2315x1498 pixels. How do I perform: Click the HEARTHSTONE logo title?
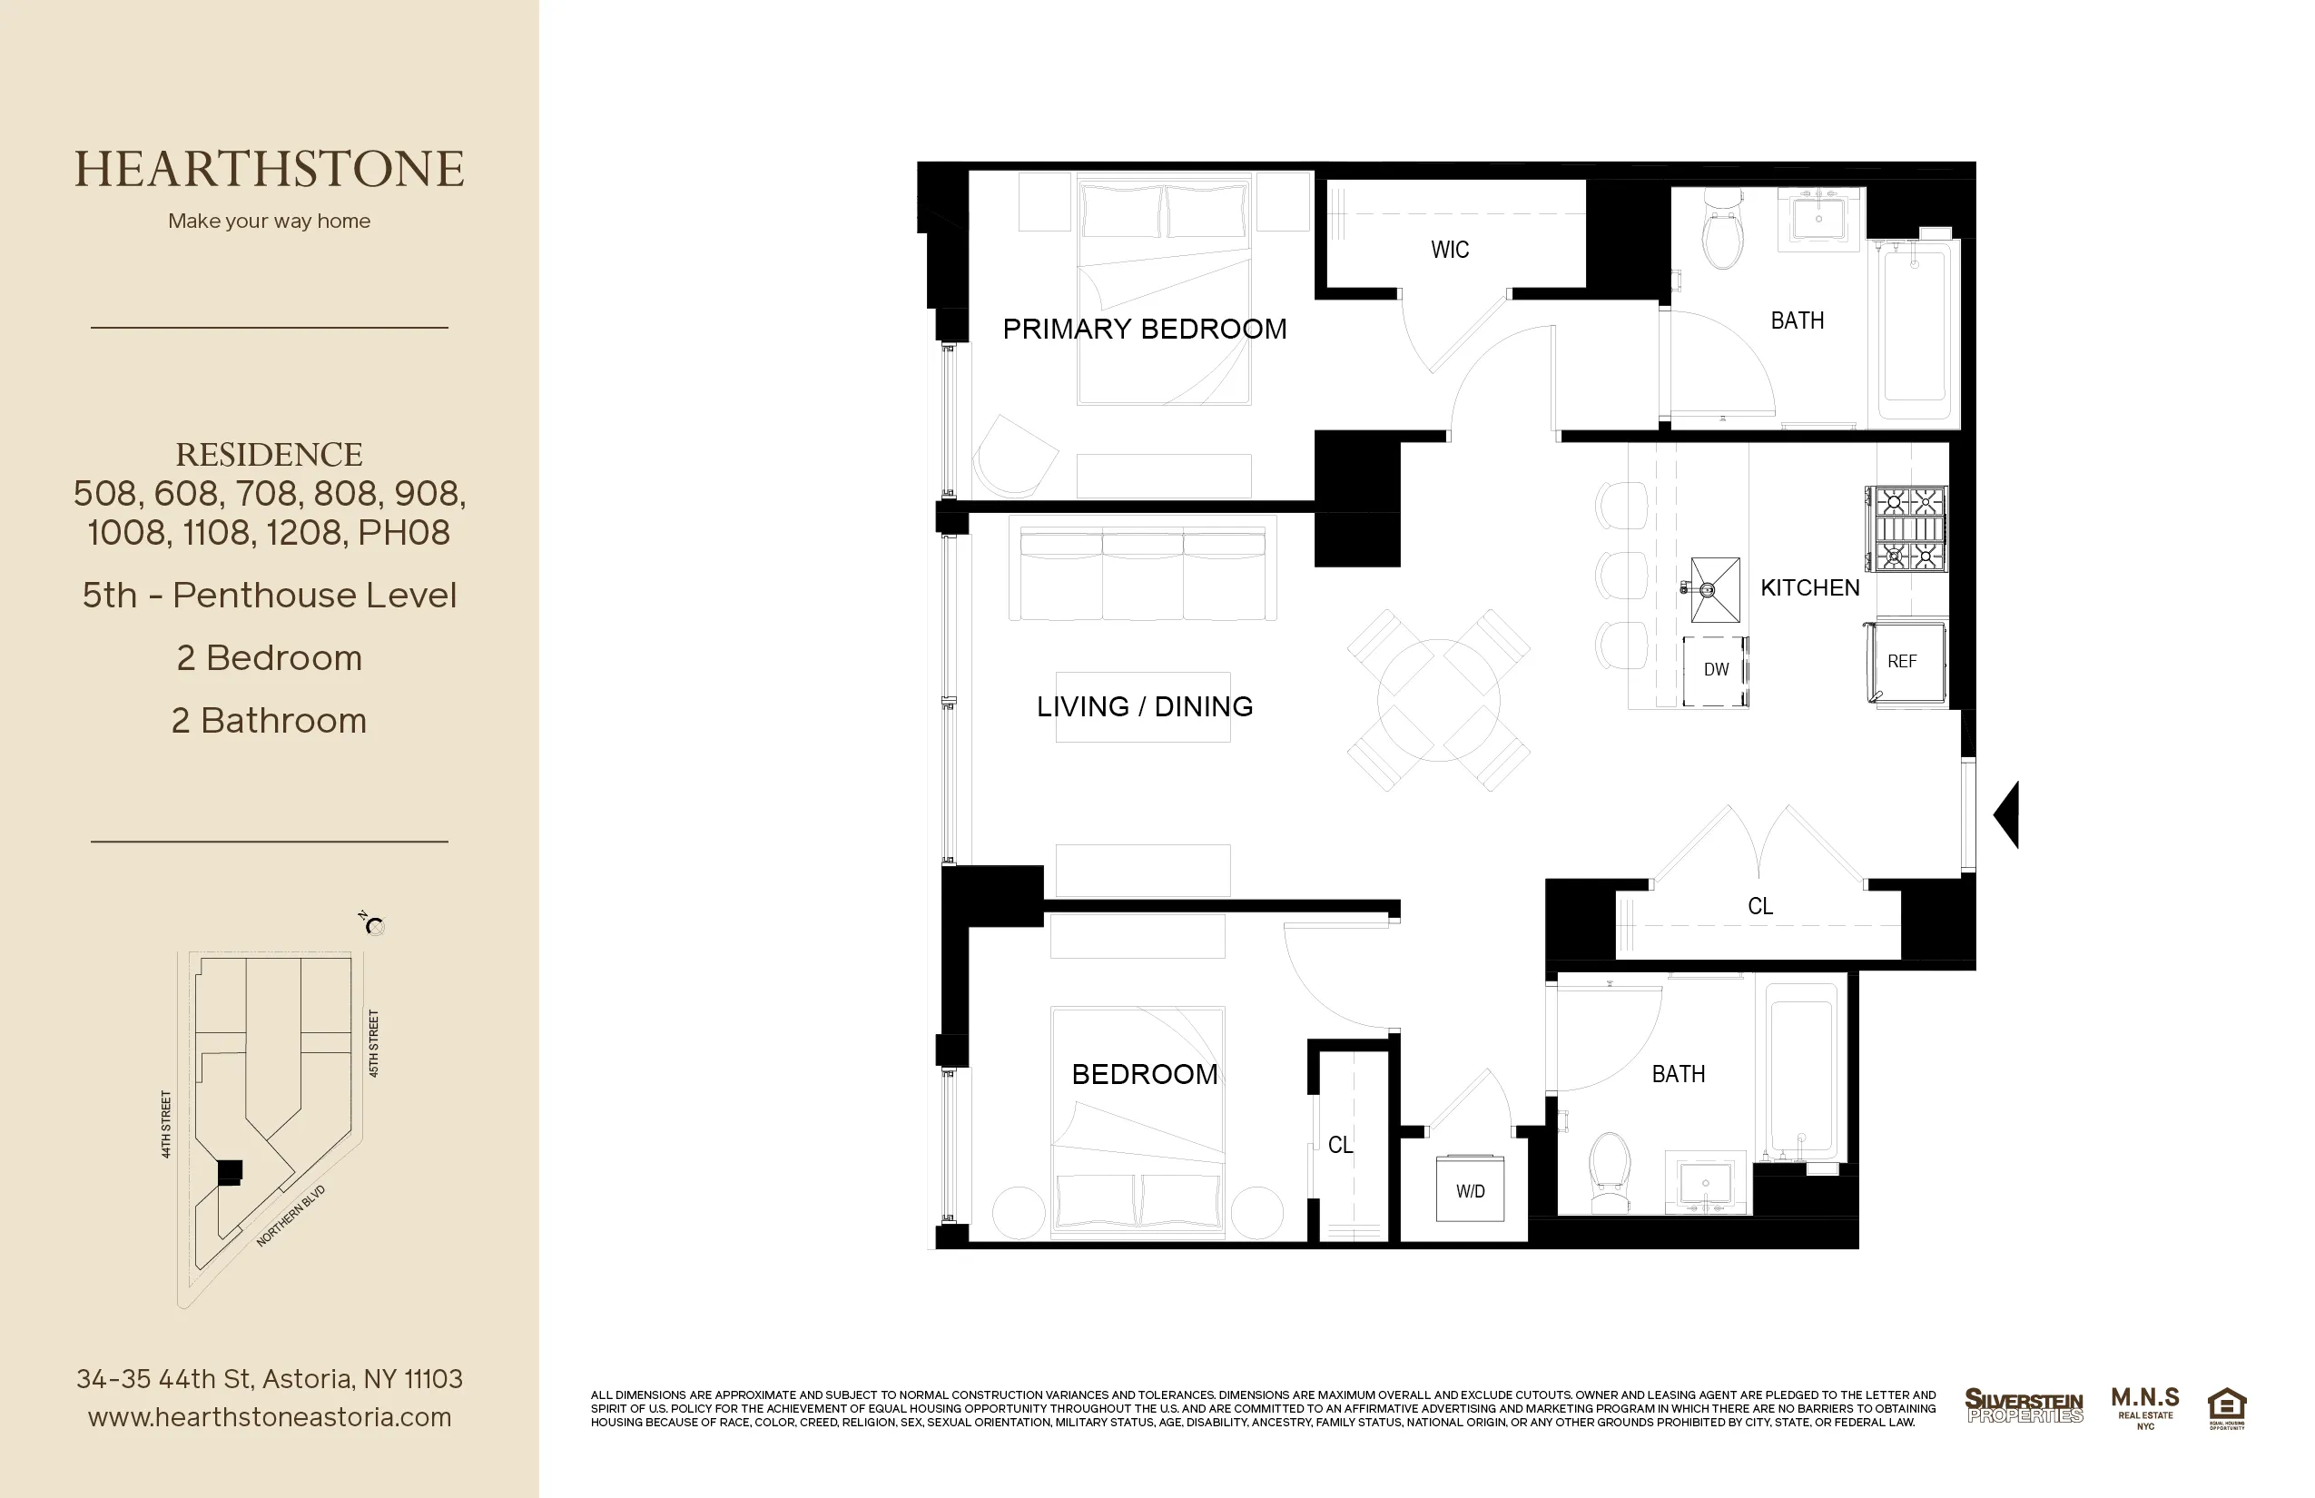pos(270,169)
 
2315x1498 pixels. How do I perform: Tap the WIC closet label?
pos(1449,250)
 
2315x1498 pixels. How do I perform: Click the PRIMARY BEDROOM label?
pos(1144,329)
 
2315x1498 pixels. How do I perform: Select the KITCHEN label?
pos(1809,587)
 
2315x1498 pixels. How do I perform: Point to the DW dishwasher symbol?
pos(1716,670)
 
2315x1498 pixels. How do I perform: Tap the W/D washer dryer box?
pos(1470,1189)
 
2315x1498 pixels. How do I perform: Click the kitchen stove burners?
pos(1906,529)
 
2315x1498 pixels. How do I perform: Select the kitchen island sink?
pos(1715,589)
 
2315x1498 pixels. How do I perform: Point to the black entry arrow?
pos(2006,814)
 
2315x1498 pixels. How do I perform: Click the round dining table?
pos(1439,699)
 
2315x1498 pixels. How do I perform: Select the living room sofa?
pos(1143,574)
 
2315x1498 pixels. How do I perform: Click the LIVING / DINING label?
pos(1144,706)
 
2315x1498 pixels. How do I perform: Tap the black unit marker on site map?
pos(230,1171)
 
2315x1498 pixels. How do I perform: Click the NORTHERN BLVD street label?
pos(290,1216)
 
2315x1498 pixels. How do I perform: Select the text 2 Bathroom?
pos(270,721)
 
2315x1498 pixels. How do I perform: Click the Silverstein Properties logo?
pos(2024,1406)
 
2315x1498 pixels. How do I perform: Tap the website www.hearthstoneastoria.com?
pos(270,1417)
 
